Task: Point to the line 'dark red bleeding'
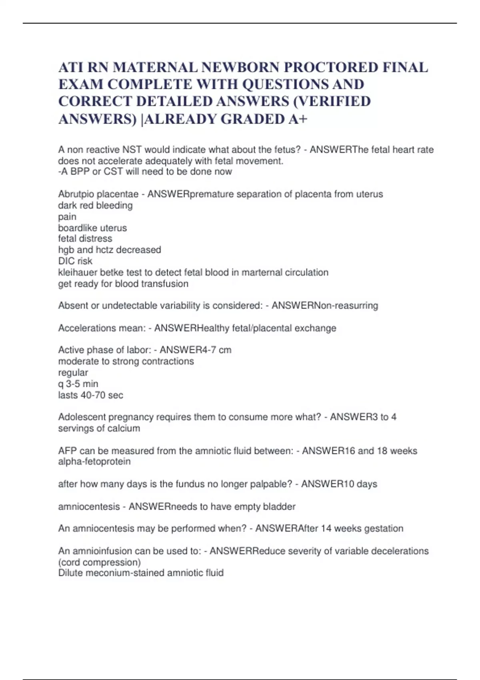click(x=95, y=205)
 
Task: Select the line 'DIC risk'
click(x=75, y=261)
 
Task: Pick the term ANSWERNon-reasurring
click(x=325, y=306)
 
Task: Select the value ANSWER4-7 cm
click(x=196, y=350)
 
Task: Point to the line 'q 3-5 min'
click(x=78, y=384)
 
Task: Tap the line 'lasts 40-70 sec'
click(x=90, y=395)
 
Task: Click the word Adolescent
click(x=82, y=417)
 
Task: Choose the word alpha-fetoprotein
click(x=94, y=462)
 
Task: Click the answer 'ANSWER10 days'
click(x=339, y=484)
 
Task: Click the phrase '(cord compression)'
click(x=99, y=562)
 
